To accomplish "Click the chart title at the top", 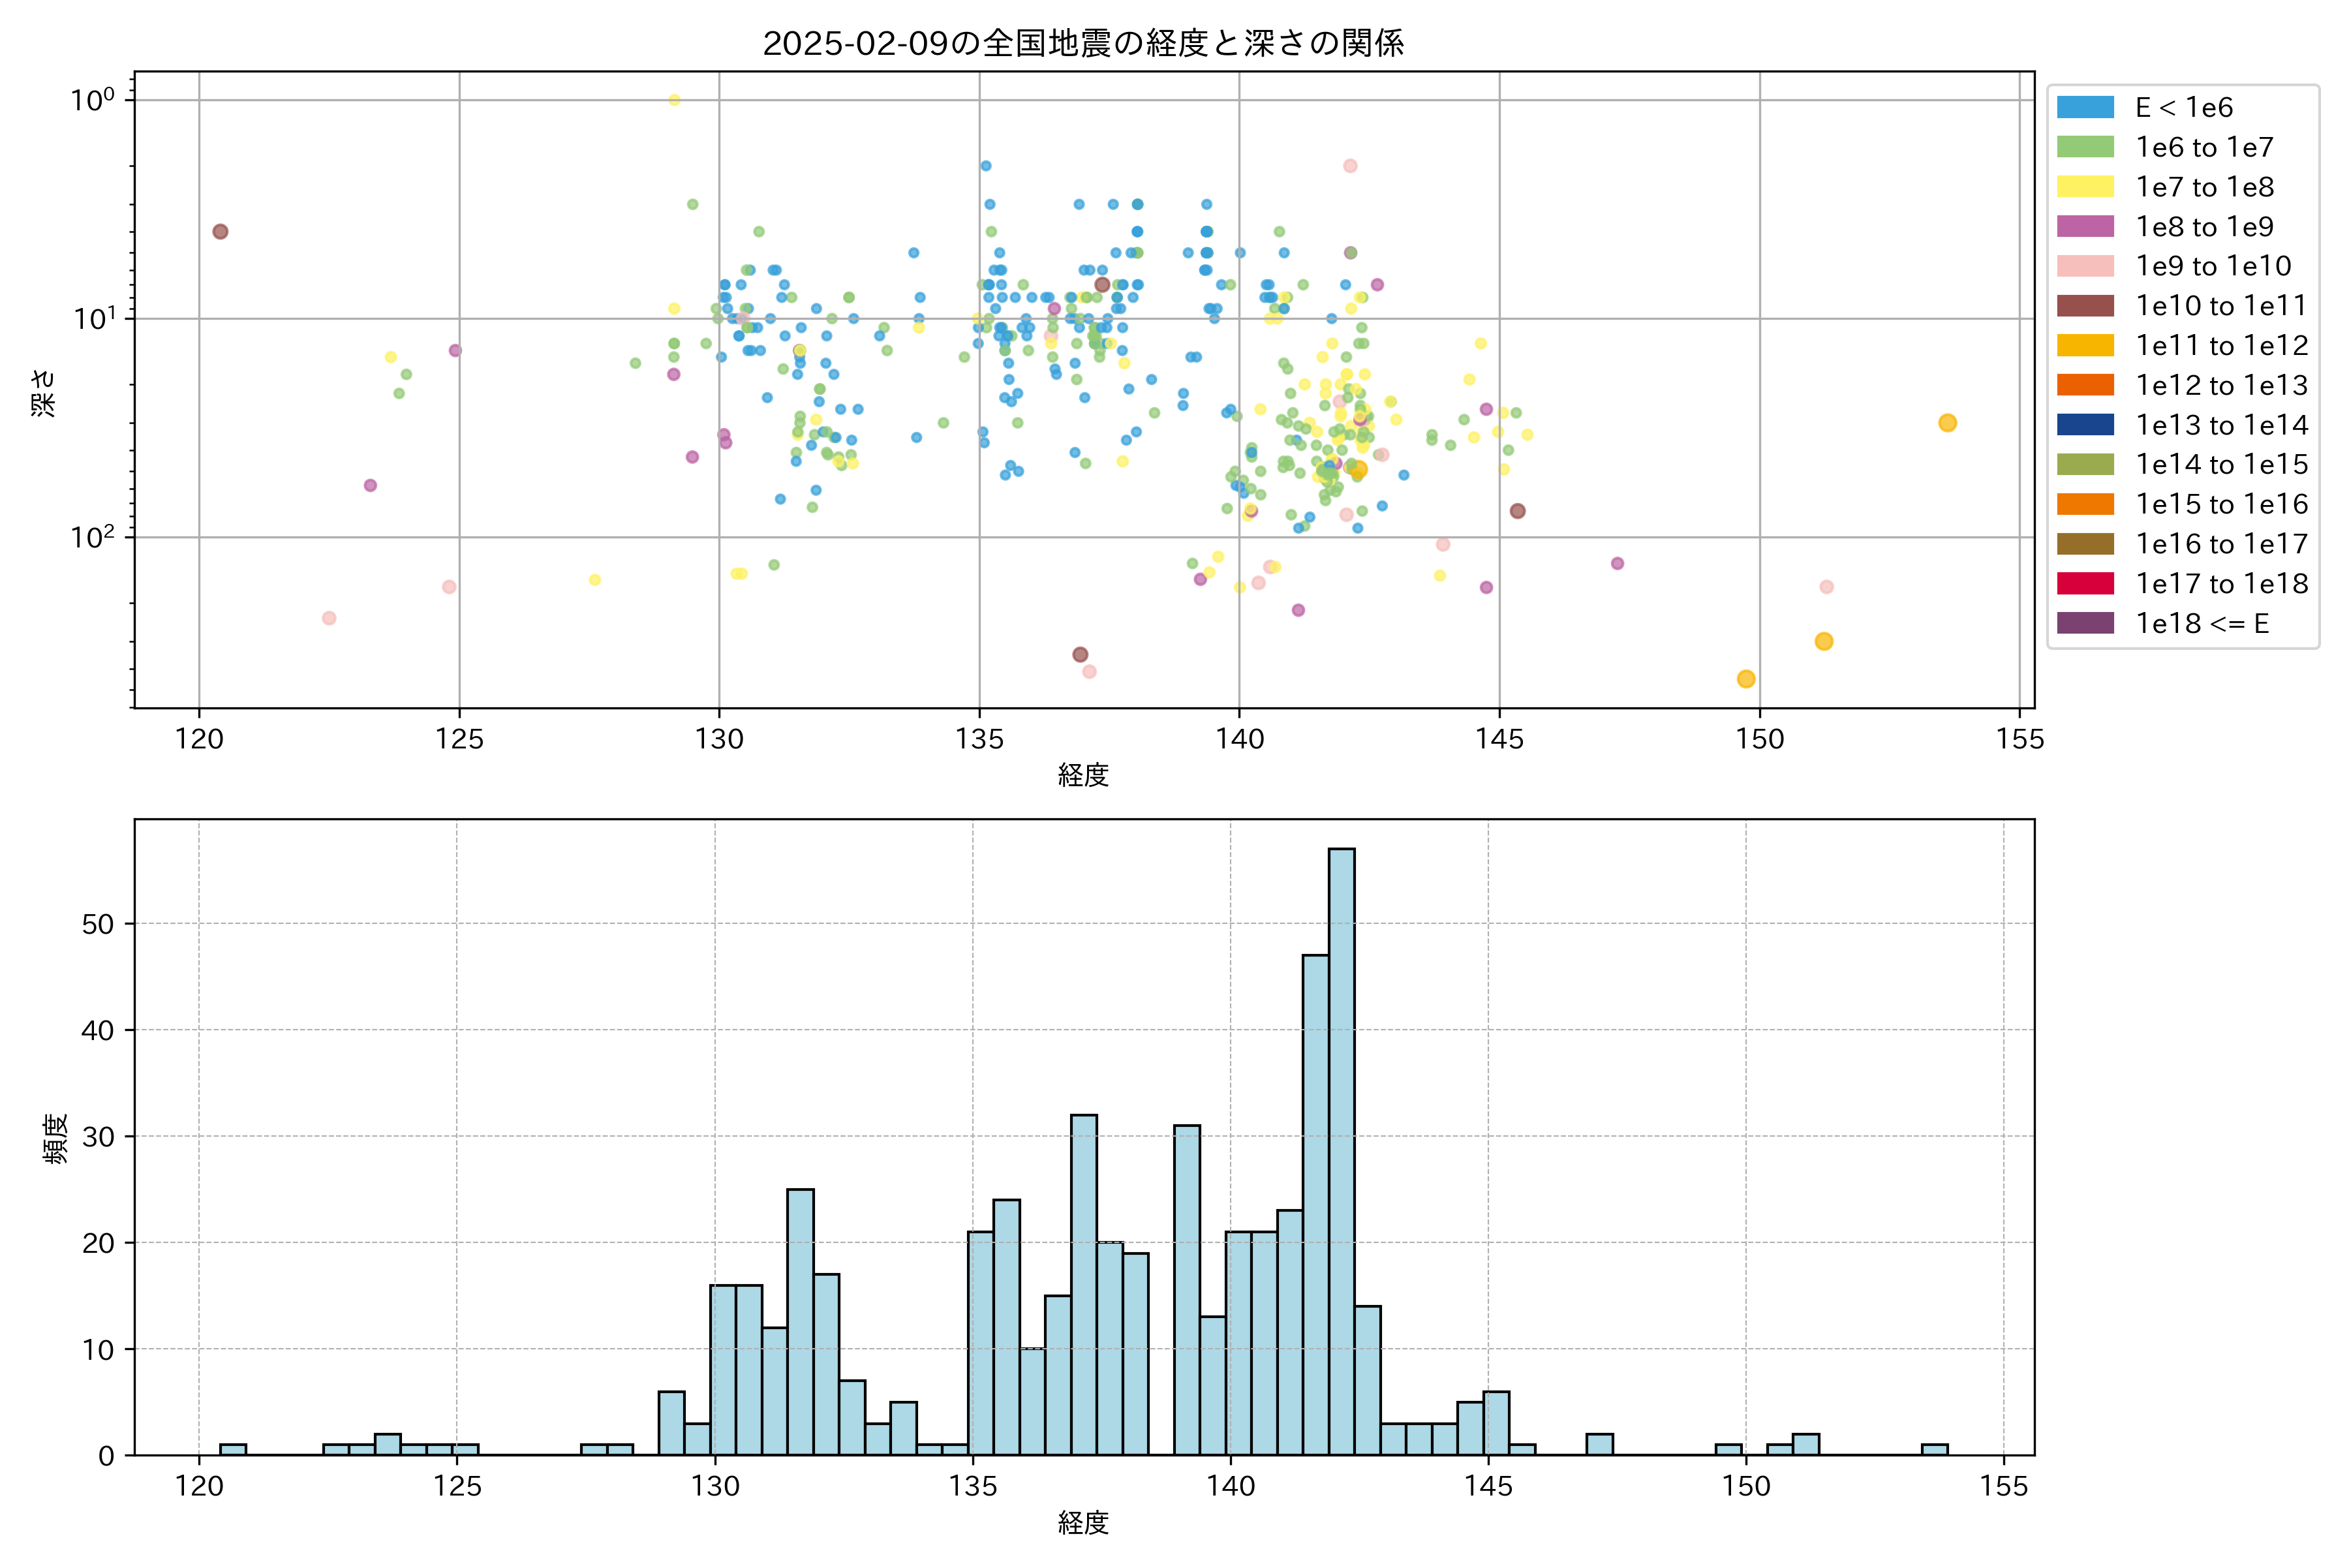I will pos(1084,43).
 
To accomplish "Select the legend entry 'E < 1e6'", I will pos(2183,108).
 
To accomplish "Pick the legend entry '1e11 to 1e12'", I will pos(2221,346).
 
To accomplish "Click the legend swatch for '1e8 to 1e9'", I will pos(2085,226).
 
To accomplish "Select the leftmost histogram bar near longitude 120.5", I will pos(233,1449).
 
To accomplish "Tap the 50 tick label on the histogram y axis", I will pos(98,924).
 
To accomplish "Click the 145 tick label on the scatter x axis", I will pos(1499,739).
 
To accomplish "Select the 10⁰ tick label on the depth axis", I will pos(92,100).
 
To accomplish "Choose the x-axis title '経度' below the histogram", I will pos(1084,1522).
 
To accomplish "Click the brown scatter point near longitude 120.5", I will pos(221,232).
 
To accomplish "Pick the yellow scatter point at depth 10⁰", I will pos(674,100).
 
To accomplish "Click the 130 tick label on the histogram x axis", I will pos(715,1486).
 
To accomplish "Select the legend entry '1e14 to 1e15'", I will pos(2221,465).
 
